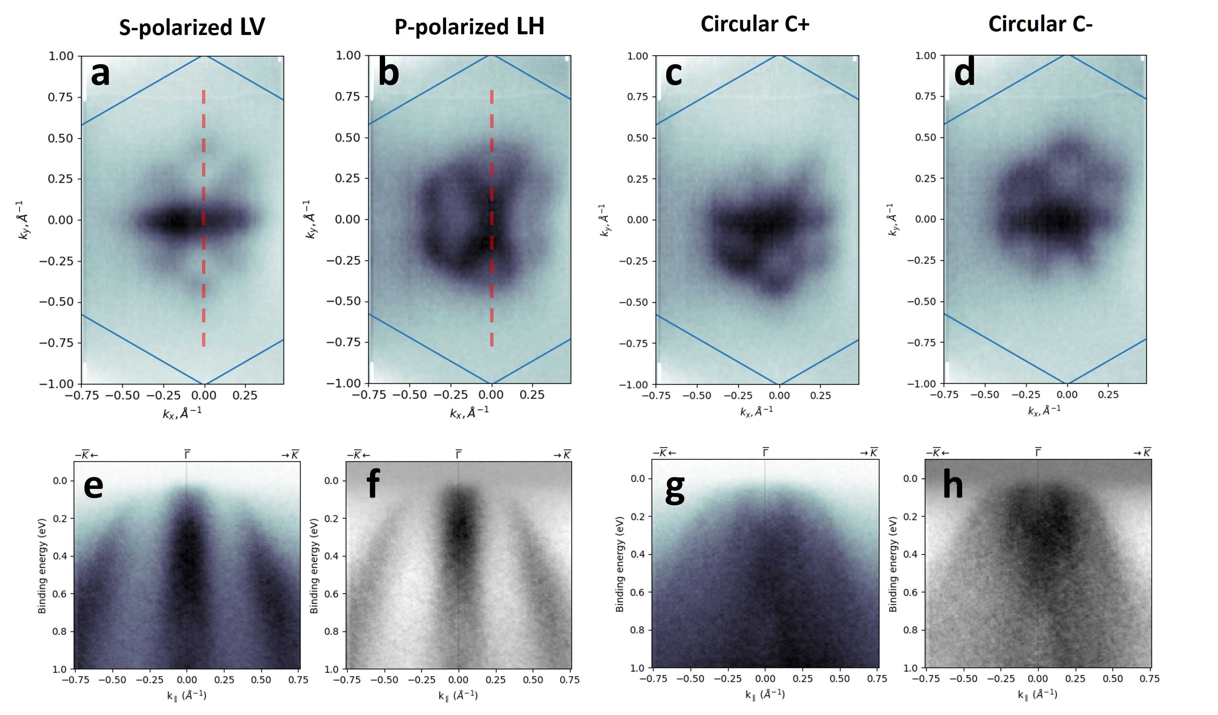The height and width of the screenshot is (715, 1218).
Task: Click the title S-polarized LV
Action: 192,27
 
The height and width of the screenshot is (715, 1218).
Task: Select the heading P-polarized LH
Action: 469,27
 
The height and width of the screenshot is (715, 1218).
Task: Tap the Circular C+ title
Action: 754,24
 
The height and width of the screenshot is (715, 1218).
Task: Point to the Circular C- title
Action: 1040,24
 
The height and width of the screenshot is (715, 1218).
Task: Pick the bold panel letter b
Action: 388,73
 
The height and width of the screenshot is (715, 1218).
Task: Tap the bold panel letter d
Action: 964,73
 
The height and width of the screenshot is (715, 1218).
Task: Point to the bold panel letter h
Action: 953,484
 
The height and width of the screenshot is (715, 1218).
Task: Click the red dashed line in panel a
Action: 203,217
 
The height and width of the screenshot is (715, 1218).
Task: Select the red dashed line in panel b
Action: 492,217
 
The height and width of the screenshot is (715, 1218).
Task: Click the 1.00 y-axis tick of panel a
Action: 61,56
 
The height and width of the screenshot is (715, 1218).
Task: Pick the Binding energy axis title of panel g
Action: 620,564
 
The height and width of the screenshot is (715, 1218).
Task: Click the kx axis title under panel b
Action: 469,412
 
